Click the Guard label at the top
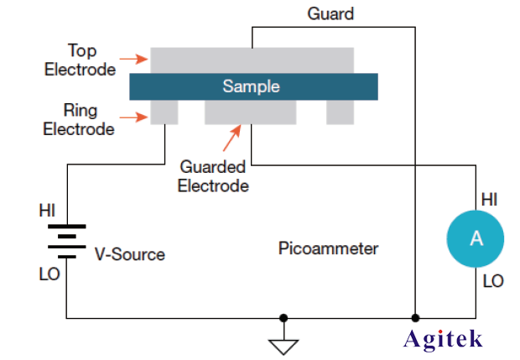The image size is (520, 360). [330, 14]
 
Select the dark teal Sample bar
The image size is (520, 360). [252, 86]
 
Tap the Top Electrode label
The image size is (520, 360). [81, 60]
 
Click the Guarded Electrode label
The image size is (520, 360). [213, 177]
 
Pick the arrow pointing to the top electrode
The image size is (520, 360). [133, 60]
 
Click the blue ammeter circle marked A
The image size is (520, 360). [476, 238]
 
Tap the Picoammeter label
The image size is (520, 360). [328, 248]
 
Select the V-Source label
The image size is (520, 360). [129, 253]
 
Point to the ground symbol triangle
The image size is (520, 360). [284, 342]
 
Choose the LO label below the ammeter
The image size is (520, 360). [492, 281]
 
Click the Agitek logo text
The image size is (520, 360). [455, 338]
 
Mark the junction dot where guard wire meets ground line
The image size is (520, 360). [415, 318]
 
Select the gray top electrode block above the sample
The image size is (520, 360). [252, 60]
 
